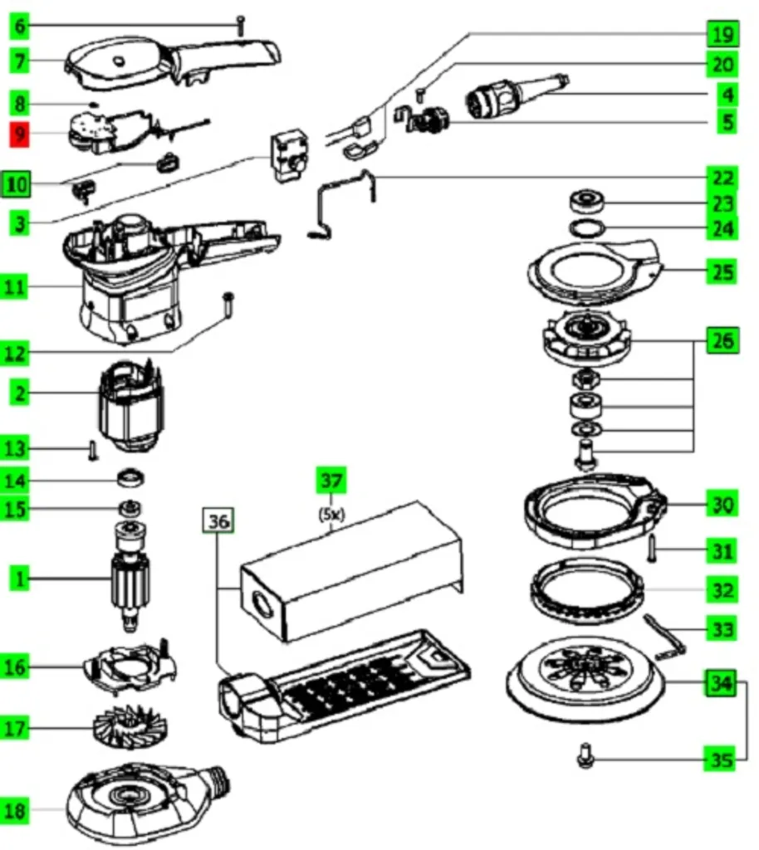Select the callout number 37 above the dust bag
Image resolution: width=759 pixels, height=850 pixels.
(x=331, y=481)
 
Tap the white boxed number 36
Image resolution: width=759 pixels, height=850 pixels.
(x=218, y=521)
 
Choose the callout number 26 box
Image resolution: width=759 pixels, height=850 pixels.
(x=723, y=340)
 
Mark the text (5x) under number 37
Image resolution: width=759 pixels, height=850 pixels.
(x=331, y=514)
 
